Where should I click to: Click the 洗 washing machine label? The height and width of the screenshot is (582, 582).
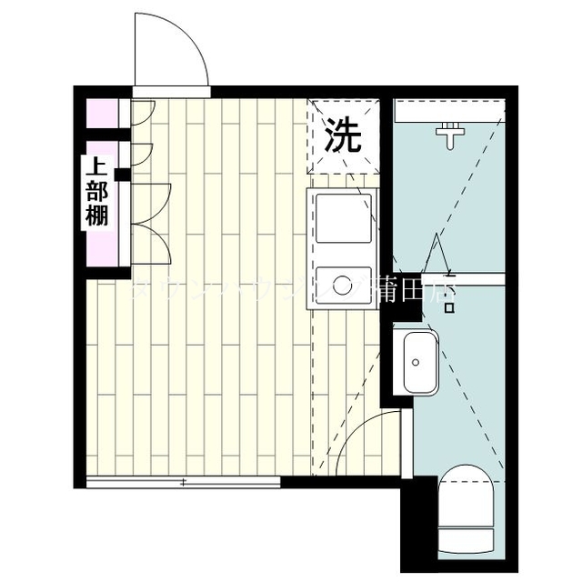point(344,135)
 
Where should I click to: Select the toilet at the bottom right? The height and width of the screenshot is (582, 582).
point(464,509)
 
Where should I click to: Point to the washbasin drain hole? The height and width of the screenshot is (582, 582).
point(416,362)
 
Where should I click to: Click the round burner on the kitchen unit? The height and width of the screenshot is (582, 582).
point(343,285)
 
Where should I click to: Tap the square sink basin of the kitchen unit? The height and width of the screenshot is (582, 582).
point(343,217)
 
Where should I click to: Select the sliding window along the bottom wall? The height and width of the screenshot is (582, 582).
point(183,482)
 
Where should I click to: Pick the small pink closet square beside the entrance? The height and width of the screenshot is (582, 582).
point(102,112)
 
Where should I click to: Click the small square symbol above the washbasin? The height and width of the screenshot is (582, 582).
point(448,307)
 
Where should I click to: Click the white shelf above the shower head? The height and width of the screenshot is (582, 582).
point(449,111)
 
